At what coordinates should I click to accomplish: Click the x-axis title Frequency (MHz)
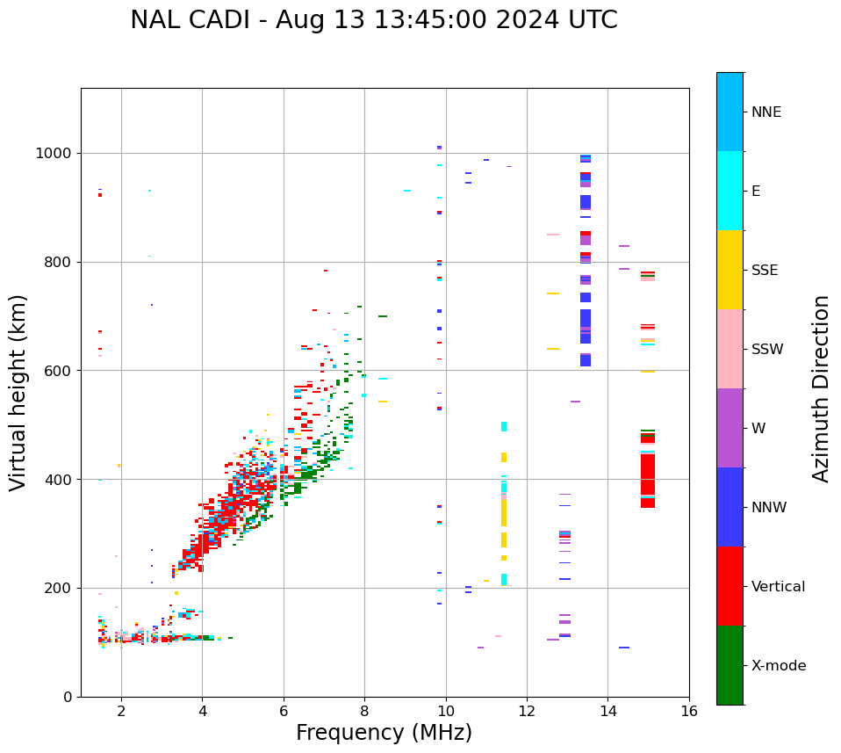(x=384, y=733)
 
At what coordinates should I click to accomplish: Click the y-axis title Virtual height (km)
(x=19, y=393)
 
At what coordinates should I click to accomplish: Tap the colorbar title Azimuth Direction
(x=821, y=388)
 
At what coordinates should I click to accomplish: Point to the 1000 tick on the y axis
(x=54, y=153)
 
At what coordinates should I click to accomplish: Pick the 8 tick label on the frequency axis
(x=364, y=711)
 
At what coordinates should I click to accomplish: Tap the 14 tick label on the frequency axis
(x=607, y=711)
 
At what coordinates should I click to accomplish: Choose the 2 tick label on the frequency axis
(x=121, y=711)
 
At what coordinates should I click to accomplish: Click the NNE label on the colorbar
(x=766, y=112)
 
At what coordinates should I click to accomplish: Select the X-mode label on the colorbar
(x=779, y=666)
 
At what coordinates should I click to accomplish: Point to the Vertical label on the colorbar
(x=778, y=587)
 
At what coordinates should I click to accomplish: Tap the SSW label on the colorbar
(x=767, y=350)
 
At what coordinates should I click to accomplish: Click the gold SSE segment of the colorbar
(x=730, y=270)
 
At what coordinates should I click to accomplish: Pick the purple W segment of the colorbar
(x=730, y=428)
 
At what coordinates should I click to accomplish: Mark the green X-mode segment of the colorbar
(x=730, y=665)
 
